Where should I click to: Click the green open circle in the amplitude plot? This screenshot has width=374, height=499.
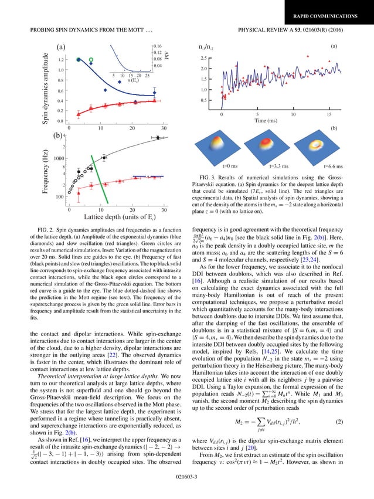point(91,59)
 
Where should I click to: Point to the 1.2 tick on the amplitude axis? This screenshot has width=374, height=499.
point(61,60)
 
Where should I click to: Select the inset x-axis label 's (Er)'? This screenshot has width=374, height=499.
point(126,80)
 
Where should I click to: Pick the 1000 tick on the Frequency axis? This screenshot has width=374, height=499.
point(59,158)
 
